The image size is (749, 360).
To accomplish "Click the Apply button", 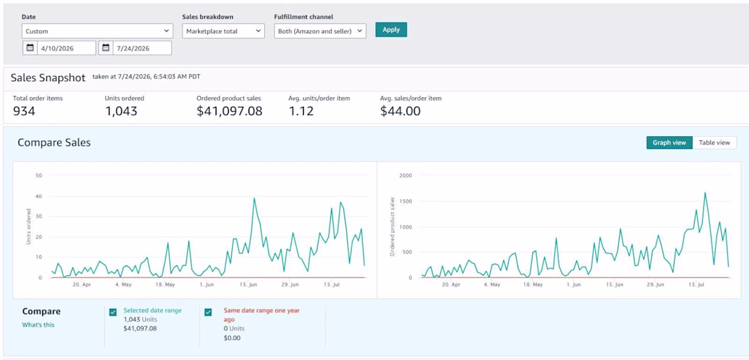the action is [391, 29].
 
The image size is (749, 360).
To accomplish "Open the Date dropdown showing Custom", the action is [97, 31].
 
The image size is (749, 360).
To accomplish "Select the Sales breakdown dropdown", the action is [223, 31].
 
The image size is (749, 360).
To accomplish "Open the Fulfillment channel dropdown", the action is [320, 31].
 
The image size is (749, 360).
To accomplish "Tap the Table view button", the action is [714, 142].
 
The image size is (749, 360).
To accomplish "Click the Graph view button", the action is [669, 142].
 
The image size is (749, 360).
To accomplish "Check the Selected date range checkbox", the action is [113, 312].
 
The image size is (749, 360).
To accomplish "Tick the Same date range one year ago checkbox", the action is [208, 312].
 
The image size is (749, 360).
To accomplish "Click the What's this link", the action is [38, 325].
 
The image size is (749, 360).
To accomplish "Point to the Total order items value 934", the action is [24, 111].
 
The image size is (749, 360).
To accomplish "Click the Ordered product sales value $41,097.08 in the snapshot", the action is [229, 111].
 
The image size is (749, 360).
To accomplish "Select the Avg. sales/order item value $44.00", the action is [400, 111].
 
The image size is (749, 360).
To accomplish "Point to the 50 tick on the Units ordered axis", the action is [39, 176].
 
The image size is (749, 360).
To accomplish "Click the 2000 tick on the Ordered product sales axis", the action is [406, 176].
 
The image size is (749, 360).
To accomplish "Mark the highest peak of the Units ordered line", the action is [254, 198].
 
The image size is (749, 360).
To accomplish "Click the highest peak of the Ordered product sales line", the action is [705, 193].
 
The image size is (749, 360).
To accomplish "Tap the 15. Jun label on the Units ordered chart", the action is [248, 284].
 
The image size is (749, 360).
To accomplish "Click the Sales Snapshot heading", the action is [48, 78].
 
